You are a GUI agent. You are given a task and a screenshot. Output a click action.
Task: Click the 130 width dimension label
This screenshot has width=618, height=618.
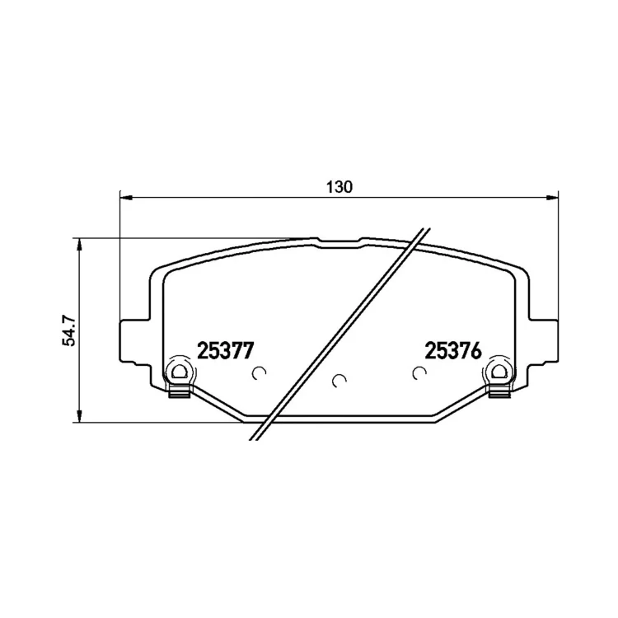tap(339, 187)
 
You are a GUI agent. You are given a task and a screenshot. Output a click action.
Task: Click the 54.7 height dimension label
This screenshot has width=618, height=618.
tap(68, 330)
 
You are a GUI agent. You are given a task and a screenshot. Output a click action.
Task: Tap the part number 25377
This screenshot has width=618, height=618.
tap(225, 350)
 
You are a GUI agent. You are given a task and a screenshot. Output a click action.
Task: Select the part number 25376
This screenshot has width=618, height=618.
tap(453, 350)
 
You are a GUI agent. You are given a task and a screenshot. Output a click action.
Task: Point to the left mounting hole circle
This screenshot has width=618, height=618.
tap(180, 372)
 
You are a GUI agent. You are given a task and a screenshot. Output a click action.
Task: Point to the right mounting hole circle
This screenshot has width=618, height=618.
tap(499, 372)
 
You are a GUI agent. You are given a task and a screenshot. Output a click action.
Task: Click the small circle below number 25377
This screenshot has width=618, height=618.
tap(259, 372)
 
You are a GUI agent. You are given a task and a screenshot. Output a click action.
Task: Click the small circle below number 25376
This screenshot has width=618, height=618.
tap(419, 372)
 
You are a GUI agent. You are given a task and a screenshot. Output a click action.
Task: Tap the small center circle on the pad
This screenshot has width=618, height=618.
tap(339, 381)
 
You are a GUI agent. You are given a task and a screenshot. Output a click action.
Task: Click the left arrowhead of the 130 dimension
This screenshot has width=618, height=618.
tap(125, 197)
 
